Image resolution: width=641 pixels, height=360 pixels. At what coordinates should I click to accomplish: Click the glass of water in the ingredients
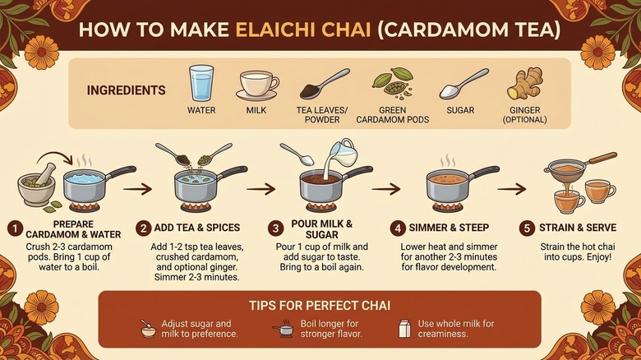point(201,83)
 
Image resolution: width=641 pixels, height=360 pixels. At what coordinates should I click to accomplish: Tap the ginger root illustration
point(525,84)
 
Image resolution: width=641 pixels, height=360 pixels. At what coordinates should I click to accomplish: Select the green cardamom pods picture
point(393,84)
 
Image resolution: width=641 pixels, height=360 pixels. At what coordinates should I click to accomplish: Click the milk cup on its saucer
point(257,85)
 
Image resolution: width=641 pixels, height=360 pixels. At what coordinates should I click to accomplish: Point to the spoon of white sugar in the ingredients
point(463,84)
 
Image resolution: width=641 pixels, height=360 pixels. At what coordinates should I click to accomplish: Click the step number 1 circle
point(15,228)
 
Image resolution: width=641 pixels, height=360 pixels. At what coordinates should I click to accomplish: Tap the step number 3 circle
point(275,228)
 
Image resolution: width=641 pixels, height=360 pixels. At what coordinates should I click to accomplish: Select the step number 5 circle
point(527,228)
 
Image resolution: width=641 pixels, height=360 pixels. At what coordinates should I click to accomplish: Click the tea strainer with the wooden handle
point(579,167)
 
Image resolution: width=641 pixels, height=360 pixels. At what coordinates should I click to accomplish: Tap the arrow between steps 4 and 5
point(511,189)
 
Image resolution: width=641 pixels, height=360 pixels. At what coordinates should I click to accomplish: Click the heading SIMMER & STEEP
point(449,228)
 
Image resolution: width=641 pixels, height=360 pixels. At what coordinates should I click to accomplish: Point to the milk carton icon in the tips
point(404,329)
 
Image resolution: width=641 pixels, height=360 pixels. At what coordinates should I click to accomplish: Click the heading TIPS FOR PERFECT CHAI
point(320,306)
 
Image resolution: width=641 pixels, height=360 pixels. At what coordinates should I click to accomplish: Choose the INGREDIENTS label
point(127,90)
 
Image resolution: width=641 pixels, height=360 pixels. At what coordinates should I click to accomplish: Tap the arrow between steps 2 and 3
point(261,189)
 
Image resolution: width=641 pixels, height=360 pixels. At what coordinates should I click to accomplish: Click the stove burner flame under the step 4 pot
point(447,206)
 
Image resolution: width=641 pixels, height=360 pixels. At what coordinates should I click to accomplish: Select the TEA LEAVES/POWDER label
point(322,115)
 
